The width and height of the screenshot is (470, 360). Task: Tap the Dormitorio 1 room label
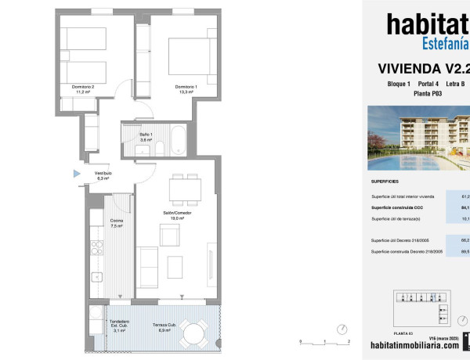tap(186, 88)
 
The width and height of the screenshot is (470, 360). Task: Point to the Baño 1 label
tap(146, 137)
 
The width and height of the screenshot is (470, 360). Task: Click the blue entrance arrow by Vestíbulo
tap(77, 173)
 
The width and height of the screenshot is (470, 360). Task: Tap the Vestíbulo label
tap(103, 175)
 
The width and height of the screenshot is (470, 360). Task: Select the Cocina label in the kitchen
tap(116, 223)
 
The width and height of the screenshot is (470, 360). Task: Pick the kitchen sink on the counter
tap(96, 276)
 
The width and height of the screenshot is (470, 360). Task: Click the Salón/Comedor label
tap(178, 215)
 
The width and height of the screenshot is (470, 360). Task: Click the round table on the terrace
tap(193, 333)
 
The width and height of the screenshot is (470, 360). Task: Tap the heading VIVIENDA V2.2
tap(423, 67)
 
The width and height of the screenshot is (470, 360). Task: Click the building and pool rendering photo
tap(419, 139)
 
